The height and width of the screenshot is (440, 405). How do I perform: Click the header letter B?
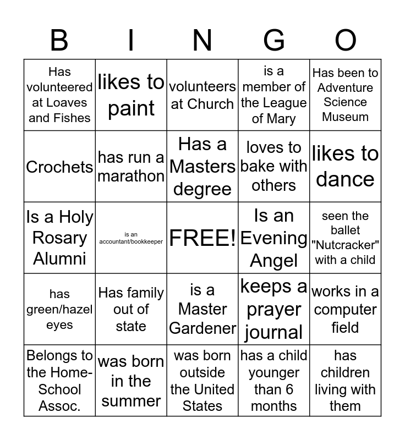(59, 40)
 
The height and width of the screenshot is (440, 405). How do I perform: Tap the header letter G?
(274, 40)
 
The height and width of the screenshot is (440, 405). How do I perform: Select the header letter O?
(346, 40)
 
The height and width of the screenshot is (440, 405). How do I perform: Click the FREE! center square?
(202, 238)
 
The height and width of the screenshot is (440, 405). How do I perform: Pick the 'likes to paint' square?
(131, 95)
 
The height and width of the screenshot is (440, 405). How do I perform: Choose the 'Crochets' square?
(59, 167)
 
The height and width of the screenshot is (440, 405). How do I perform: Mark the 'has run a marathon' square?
(131, 166)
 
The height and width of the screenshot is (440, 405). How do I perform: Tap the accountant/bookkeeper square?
(131, 238)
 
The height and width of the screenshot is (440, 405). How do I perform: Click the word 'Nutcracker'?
(346, 245)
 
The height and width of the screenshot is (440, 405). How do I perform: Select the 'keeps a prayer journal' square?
(274, 309)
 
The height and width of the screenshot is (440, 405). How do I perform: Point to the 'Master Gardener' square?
(202, 309)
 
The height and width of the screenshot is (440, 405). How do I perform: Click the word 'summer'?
(131, 401)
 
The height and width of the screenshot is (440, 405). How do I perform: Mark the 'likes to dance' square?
(346, 166)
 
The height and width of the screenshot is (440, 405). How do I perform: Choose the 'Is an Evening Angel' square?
(274, 238)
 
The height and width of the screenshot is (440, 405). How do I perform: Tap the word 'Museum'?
(346, 117)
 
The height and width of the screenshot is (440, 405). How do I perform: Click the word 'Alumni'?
(59, 258)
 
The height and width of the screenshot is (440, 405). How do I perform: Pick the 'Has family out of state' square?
(131, 309)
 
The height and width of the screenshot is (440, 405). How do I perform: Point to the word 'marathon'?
(131, 176)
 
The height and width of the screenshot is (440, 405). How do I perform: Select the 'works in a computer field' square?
(346, 309)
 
